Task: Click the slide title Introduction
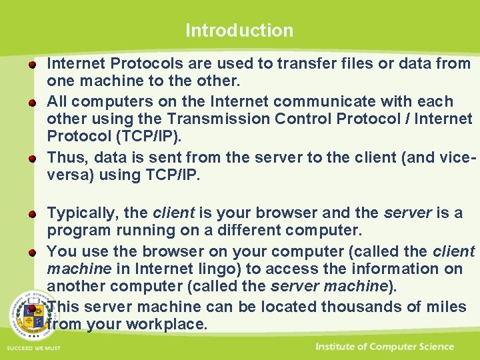click(x=239, y=30)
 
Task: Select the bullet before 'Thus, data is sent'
click(x=32, y=159)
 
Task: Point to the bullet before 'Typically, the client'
click(x=32, y=214)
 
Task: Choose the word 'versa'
click(x=67, y=176)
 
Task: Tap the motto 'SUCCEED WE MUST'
click(x=33, y=348)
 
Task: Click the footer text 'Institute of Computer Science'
click(x=385, y=347)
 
